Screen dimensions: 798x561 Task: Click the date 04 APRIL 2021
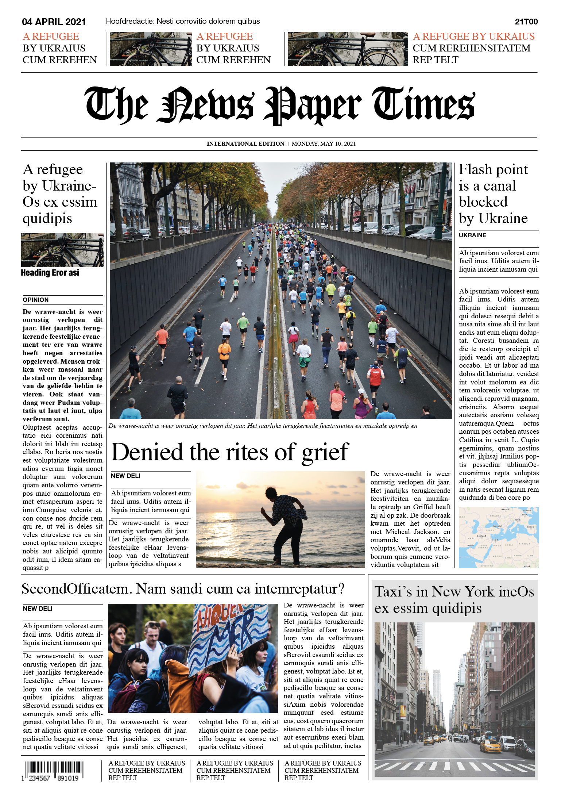click(x=54, y=22)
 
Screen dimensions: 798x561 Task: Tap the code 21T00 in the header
click(x=526, y=22)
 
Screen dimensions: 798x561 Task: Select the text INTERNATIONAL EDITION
click(x=245, y=144)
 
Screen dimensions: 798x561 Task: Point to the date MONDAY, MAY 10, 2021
click(x=324, y=144)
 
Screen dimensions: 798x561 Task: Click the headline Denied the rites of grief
click(x=230, y=452)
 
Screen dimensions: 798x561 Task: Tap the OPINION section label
click(x=36, y=300)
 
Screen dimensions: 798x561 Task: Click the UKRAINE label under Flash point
click(x=472, y=235)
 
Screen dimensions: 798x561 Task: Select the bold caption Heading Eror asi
click(x=50, y=273)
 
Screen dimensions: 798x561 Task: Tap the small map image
click(x=499, y=537)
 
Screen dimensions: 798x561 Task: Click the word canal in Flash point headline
click(x=499, y=186)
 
